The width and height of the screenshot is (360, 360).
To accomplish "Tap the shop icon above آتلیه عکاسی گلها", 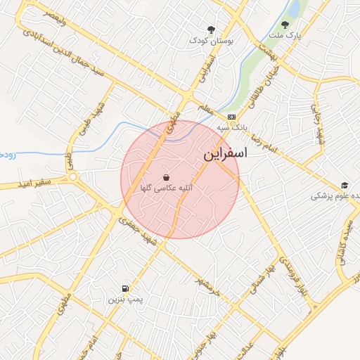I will tap(166, 177).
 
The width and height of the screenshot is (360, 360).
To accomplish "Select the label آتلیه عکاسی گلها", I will tap(167, 188).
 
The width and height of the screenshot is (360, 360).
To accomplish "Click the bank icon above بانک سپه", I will tap(231, 117).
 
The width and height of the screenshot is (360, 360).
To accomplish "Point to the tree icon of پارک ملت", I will tap(285, 25).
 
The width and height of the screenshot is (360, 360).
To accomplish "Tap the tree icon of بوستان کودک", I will tap(210, 30).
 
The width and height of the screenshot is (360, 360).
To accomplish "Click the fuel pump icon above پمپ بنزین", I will tap(125, 288).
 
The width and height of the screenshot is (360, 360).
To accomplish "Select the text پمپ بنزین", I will tap(125, 300).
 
